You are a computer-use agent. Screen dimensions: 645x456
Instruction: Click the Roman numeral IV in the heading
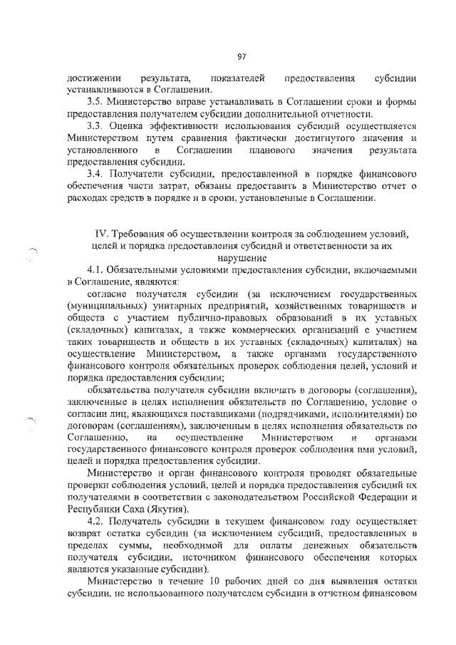point(101,233)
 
